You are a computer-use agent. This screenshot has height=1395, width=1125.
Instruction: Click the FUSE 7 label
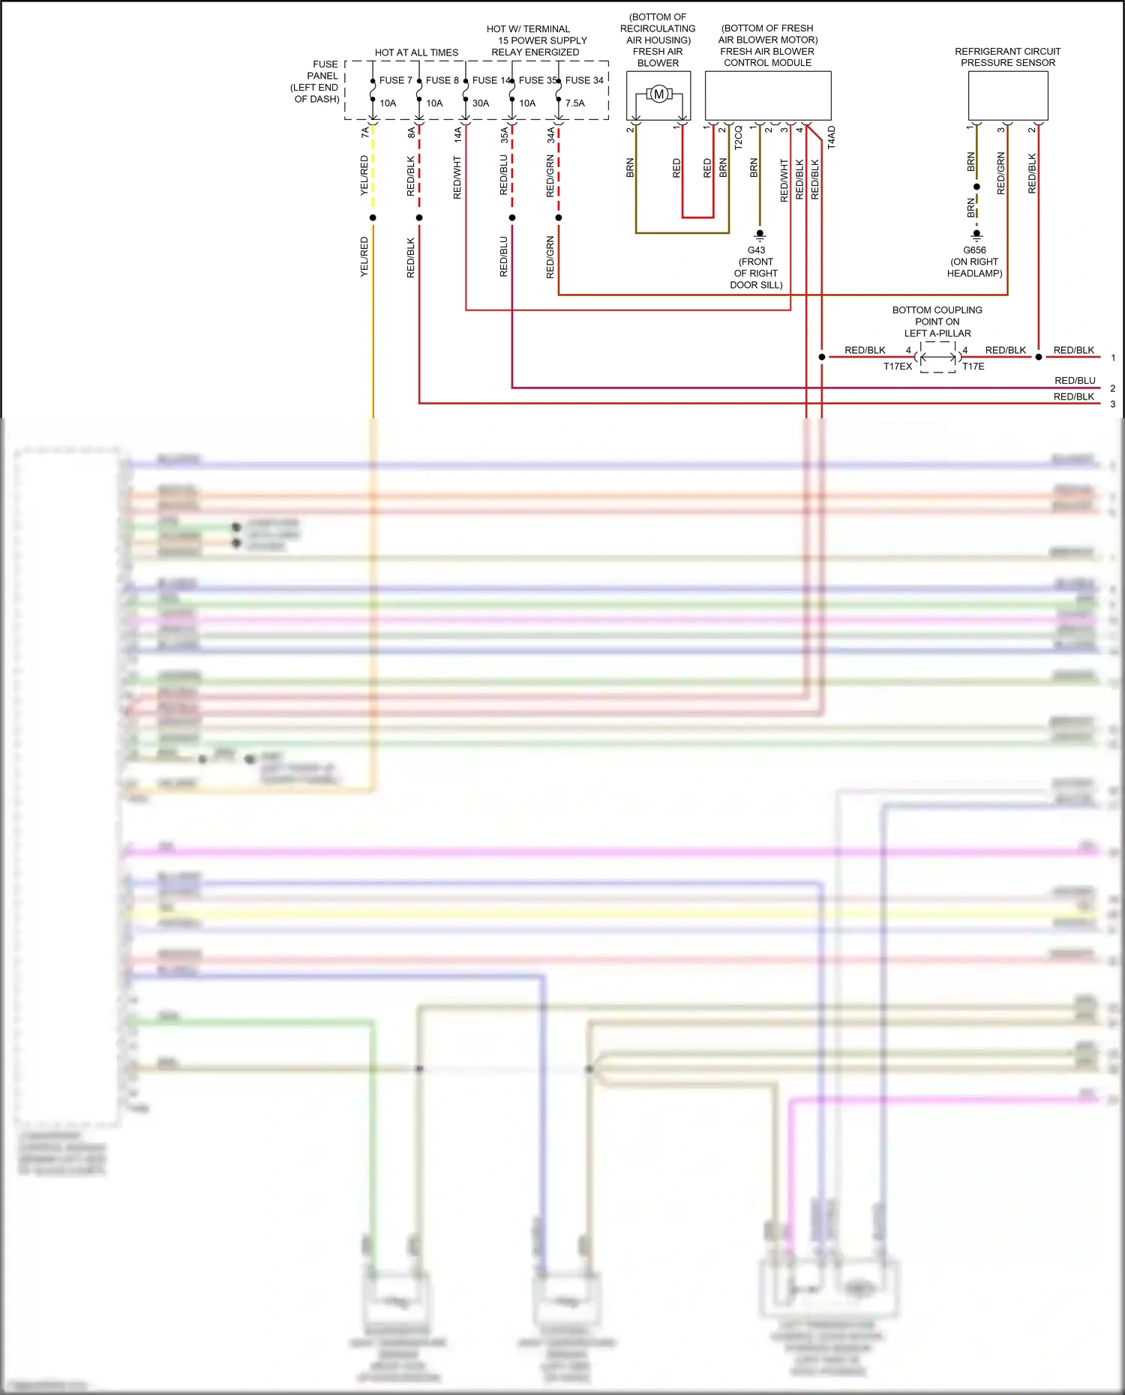[395, 80]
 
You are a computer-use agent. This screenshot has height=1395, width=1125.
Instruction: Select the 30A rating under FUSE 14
[481, 103]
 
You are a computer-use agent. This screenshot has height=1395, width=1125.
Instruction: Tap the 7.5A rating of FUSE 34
[574, 103]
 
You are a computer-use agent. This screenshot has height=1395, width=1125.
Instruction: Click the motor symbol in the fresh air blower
[658, 94]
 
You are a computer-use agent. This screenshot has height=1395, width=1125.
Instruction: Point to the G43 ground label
[756, 250]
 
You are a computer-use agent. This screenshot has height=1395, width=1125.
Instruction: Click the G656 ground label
[974, 250]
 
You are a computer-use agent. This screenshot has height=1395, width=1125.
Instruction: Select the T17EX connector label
[897, 367]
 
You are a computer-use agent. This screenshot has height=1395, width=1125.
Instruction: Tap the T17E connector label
[973, 367]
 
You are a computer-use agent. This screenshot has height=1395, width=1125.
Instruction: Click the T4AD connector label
[831, 138]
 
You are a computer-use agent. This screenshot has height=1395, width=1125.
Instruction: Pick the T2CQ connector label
[738, 138]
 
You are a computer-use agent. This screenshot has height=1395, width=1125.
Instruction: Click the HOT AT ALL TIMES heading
[416, 52]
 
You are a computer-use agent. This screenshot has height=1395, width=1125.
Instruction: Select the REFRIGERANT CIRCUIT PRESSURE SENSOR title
[1007, 57]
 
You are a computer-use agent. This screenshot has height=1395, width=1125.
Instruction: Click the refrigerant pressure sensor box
[1007, 96]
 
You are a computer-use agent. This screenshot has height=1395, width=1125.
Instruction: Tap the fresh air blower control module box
[767, 96]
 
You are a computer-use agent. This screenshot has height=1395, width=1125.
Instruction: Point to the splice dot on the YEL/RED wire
[373, 218]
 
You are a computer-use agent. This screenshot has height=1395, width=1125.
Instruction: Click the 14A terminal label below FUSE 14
[457, 134]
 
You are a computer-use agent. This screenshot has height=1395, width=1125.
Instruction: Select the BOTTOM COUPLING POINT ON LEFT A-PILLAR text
[937, 322]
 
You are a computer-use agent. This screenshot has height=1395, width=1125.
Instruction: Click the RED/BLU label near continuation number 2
[1074, 381]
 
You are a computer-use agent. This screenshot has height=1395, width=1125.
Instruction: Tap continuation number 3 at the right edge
[1112, 404]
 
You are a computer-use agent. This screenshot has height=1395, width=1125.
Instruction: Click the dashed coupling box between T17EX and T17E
[937, 358]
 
